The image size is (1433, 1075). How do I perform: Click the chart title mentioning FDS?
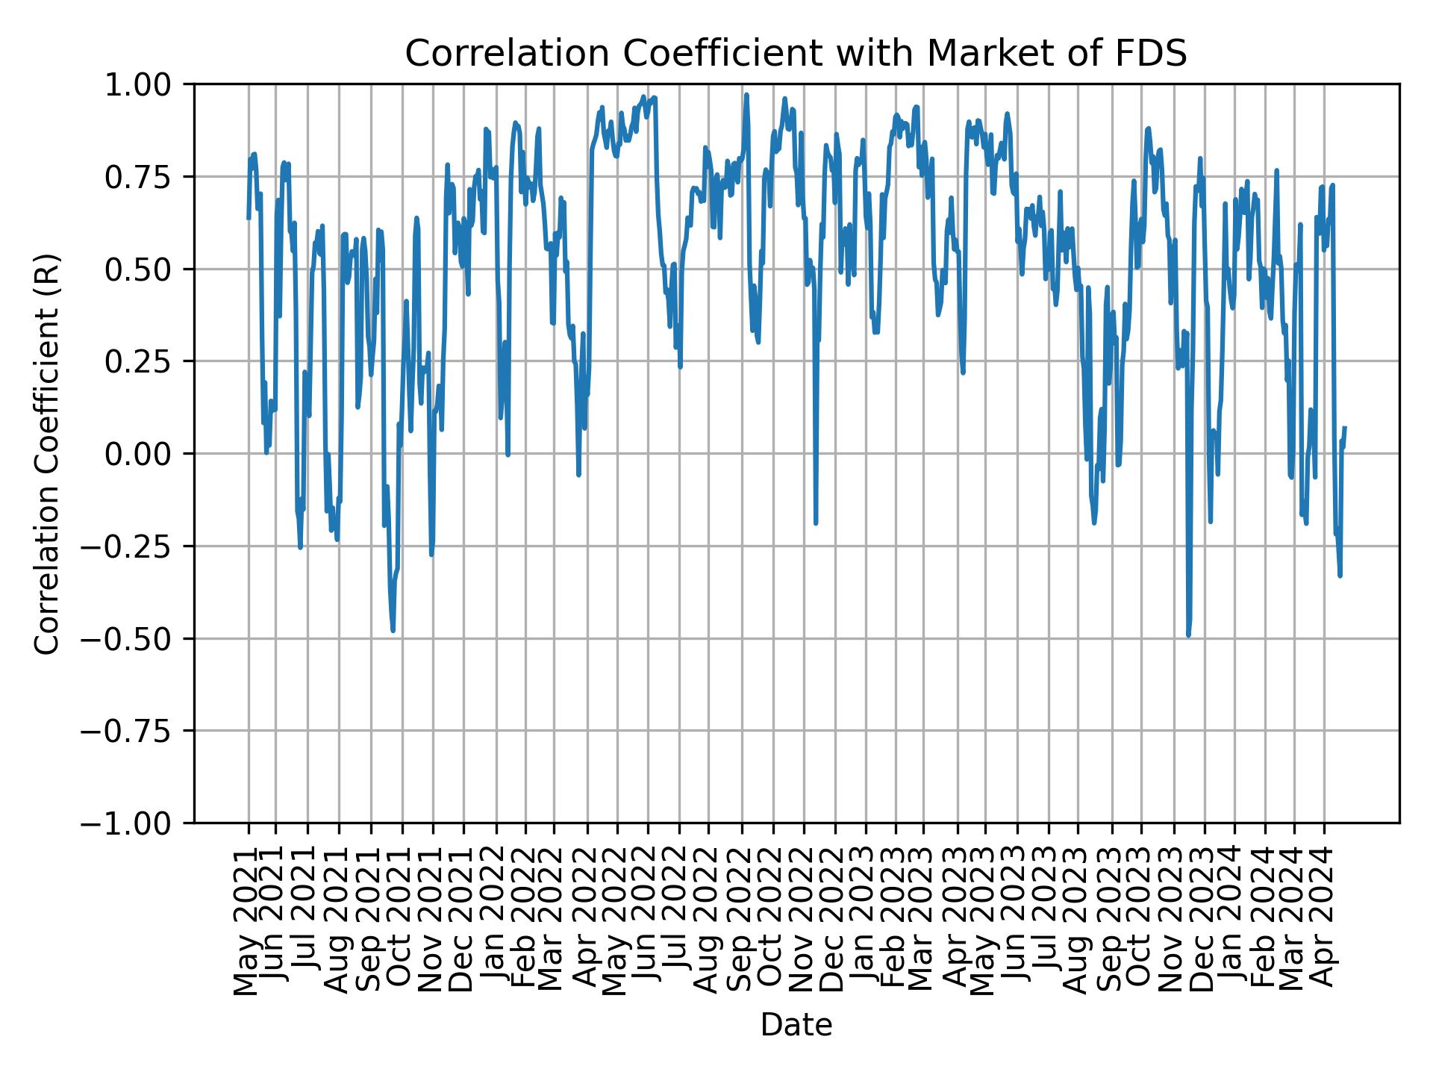[796, 54]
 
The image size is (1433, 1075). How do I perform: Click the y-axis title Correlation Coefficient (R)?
[47, 453]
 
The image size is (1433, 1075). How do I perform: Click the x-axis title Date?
[796, 1025]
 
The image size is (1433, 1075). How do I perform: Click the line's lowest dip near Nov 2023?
[1188, 635]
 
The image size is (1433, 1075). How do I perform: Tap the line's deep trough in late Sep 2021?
[393, 631]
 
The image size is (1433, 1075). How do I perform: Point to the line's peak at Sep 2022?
[746, 96]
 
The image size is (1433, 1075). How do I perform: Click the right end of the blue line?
[1345, 428]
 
